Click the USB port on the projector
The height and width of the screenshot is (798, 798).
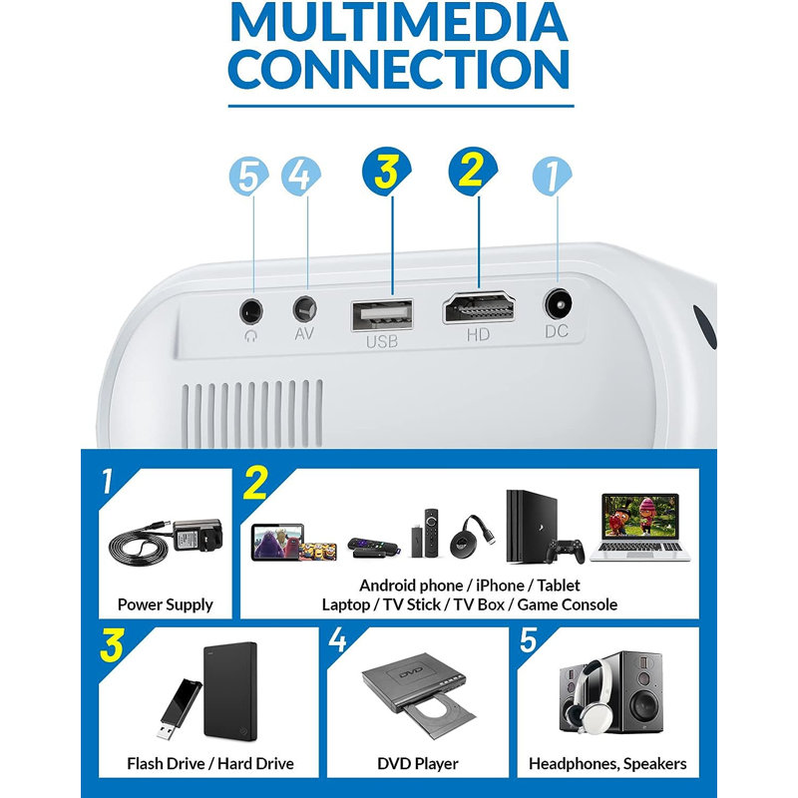[382, 314]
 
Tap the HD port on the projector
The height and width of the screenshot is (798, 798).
[479, 308]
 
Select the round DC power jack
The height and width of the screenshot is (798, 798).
[558, 304]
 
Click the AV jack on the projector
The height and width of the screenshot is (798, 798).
[305, 309]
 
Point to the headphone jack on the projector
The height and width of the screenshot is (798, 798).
[251, 310]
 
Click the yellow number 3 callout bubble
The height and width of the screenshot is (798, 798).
[387, 172]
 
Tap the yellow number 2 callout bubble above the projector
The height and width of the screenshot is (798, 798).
[473, 171]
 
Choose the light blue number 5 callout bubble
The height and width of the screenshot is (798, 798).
[248, 177]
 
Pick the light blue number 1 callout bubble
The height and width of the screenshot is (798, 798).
[553, 176]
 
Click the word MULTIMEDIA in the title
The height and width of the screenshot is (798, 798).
[400, 23]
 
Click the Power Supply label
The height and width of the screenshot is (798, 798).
[165, 604]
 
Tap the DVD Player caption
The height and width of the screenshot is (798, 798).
[418, 763]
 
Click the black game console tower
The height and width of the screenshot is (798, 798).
[531, 527]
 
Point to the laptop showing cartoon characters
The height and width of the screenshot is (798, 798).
[640, 528]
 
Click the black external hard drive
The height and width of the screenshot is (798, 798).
[230, 691]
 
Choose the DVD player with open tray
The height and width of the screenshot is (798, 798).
[419, 696]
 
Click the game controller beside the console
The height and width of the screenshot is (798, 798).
[565, 552]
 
